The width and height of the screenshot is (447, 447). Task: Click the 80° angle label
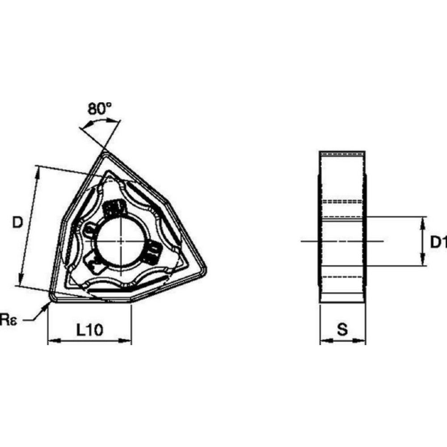tap(99, 109)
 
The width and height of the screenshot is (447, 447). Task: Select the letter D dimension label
tap(17, 222)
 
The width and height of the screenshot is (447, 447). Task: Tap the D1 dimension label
tap(437, 242)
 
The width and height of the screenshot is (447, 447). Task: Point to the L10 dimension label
tap(89, 330)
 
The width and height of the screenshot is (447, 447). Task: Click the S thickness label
tap(342, 330)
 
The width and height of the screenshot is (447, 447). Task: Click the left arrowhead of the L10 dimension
tap(51, 341)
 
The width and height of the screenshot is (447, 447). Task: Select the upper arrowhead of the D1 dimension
tap(422, 220)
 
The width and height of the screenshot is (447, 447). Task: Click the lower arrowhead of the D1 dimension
tap(422, 263)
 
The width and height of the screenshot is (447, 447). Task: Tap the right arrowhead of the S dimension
tap(363, 341)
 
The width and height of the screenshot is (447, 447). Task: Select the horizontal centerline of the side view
tap(342, 241)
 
